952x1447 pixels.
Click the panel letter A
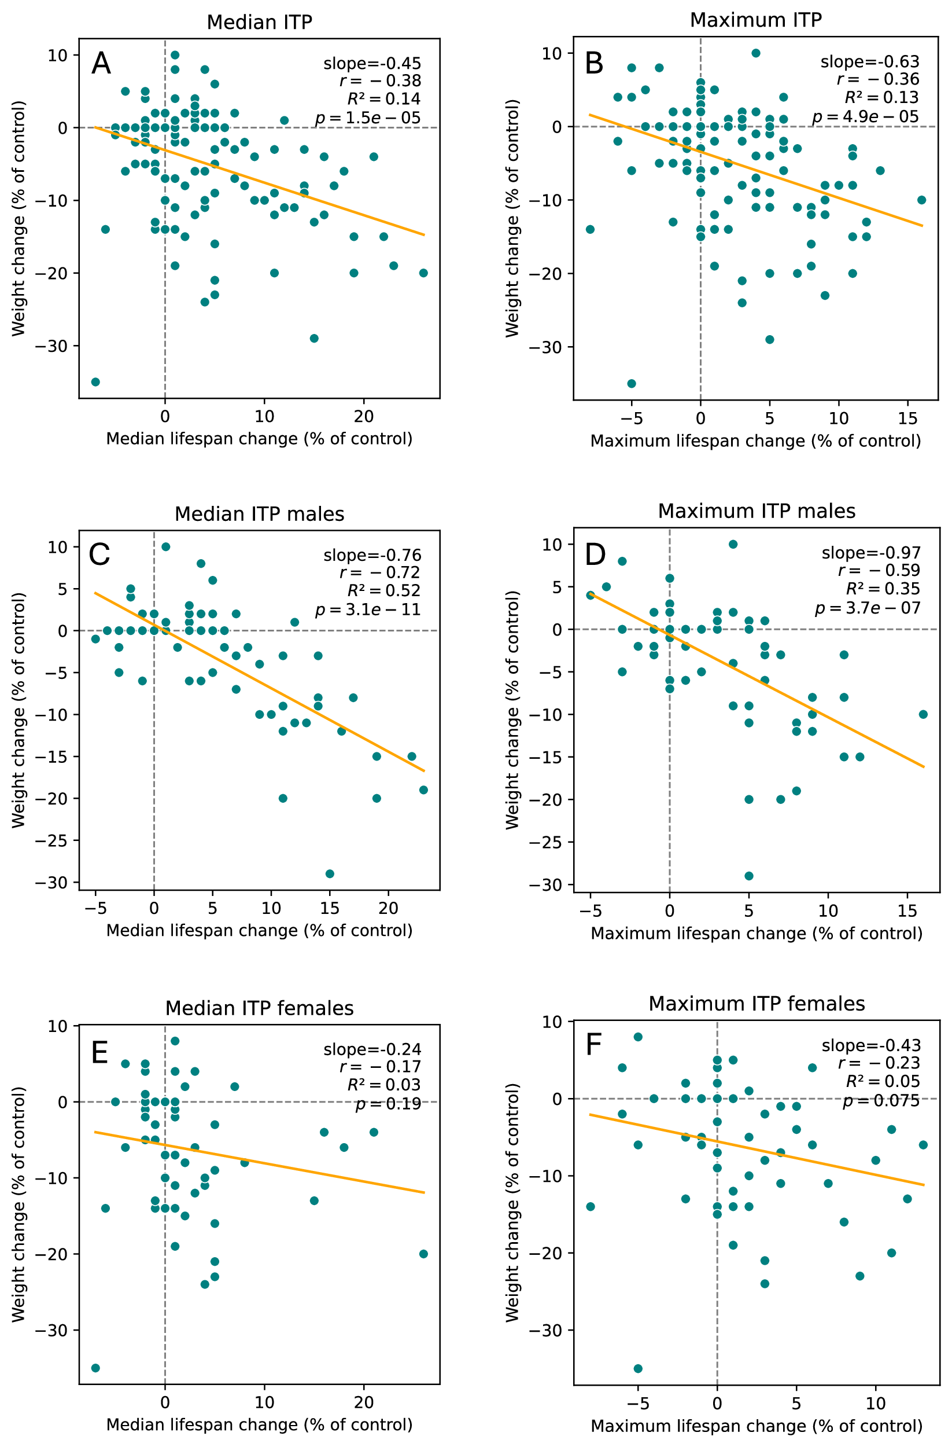click(x=101, y=64)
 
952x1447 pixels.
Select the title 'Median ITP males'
click(x=260, y=515)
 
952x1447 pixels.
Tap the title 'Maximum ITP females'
click(x=757, y=1003)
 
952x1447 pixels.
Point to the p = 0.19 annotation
click(x=388, y=1104)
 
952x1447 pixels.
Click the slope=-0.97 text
click(x=870, y=553)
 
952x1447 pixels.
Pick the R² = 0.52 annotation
click(x=384, y=590)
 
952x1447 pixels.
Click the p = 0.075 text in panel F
click(x=881, y=1101)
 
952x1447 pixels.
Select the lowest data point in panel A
click(x=95, y=382)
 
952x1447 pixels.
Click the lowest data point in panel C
click(x=330, y=873)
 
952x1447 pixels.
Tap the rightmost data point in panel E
click(x=423, y=1254)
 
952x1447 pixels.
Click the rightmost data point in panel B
click(x=921, y=200)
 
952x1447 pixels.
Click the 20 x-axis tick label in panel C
click(x=388, y=908)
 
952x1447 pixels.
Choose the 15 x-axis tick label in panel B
click(x=907, y=418)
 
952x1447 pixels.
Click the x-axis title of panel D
click(x=757, y=933)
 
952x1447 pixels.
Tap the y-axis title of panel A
click(x=19, y=218)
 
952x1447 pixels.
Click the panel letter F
click(x=593, y=1045)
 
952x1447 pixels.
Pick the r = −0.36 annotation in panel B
click(x=878, y=80)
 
